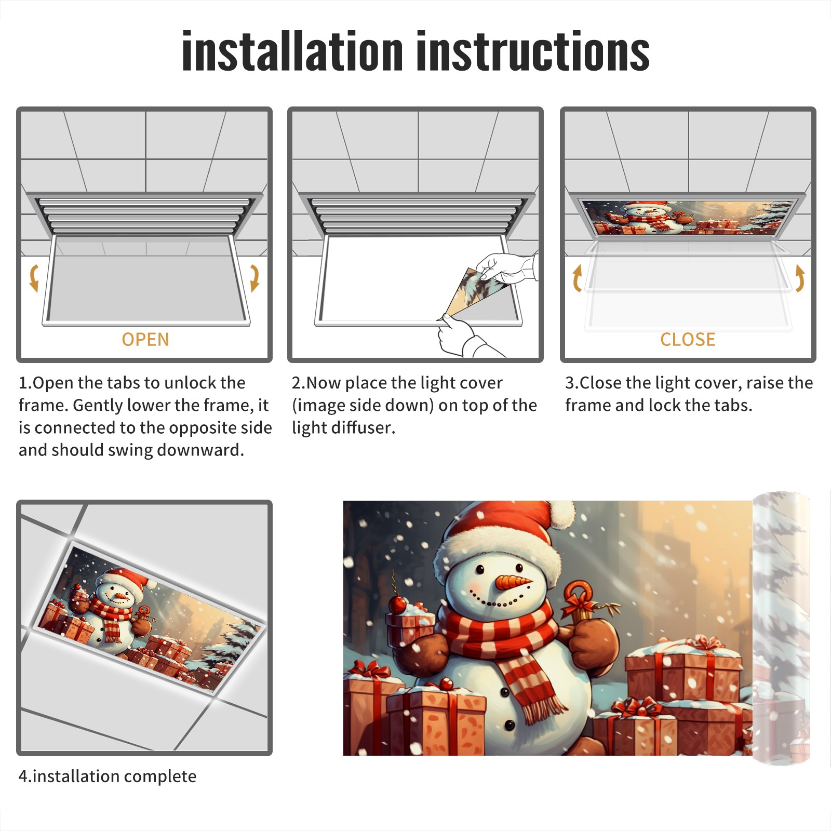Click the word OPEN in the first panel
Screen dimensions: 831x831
click(145, 340)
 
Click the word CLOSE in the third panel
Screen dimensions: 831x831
click(688, 340)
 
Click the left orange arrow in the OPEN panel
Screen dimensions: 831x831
click(34, 277)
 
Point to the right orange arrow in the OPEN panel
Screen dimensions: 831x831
click(254, 277)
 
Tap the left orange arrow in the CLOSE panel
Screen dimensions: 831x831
click(577, 278)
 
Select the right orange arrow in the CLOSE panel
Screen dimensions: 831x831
click(800, 278)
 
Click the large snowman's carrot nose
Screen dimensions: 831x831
click(513, 582)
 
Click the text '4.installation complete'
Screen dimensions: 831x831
click(108, 776)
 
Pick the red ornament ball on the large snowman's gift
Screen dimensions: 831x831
click(397, 604)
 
